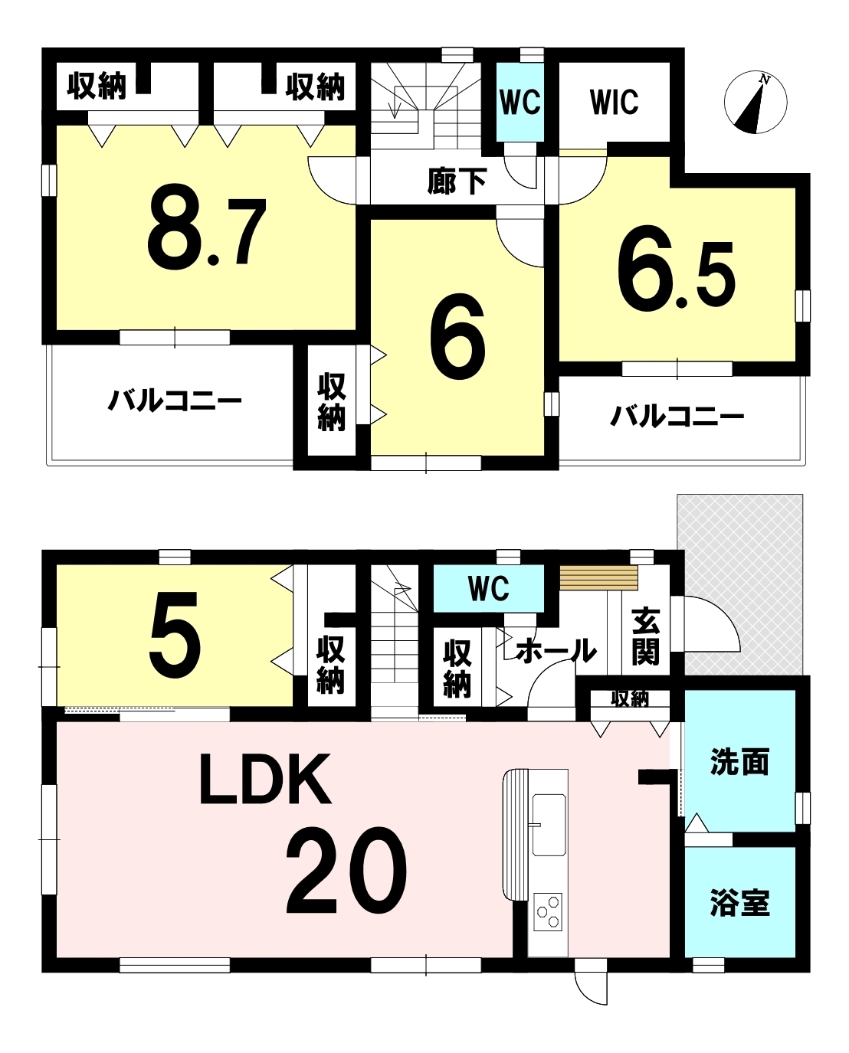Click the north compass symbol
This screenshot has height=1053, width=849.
pos(755,103)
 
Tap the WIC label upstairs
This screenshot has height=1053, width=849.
pos(614,102)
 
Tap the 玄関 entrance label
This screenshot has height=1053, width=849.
pos(645,636)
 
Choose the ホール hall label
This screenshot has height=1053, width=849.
pos(557,651)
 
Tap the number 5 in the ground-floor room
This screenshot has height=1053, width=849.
pos(175,634)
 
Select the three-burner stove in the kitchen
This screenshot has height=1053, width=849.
pos(548,912)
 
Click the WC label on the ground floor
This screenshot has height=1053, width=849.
pos(489,588)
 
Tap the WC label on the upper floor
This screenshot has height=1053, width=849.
pos(520,102)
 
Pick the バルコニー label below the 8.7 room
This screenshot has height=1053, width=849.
pos(175,401)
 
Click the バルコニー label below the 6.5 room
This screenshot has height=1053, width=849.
pos(677,417)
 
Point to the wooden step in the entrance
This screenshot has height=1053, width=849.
pos(598,577)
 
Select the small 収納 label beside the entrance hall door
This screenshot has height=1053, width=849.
pos(630,699)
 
